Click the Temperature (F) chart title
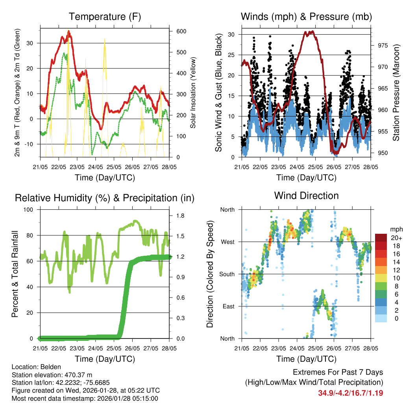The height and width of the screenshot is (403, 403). pos(105,17)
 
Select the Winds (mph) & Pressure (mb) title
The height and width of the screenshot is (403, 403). pos(306,17)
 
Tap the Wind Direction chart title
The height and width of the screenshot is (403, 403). pos(306,196)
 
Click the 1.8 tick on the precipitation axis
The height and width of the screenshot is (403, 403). pos(181,216)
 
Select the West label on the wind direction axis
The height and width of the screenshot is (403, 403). pos(227,242)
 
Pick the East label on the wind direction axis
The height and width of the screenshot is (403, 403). pos(227,306)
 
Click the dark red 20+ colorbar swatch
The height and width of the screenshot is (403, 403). pos(381,238)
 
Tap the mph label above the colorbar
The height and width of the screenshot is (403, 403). pos(396,229)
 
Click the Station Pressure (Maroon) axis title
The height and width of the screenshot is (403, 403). pos(396,92)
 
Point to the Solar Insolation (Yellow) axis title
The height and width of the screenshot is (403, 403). pos(193,92)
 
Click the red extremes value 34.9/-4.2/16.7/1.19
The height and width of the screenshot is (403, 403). pos(351,393)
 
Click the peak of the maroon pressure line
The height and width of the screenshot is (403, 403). pos(311,31)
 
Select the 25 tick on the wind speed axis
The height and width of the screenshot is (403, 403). pos(231,55)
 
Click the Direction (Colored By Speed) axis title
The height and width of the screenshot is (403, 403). pos(210,274)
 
